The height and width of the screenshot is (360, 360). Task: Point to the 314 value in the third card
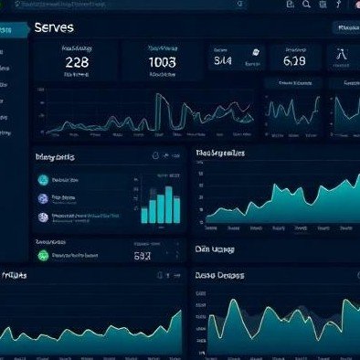(224, 61)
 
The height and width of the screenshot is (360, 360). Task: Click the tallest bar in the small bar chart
(167, 203)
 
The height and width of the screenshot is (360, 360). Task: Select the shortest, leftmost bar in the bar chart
(144, 214)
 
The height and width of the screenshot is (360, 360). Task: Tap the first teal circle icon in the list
(43, 180)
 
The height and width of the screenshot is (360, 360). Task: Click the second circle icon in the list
(43, 198)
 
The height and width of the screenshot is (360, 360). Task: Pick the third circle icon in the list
(43, 217)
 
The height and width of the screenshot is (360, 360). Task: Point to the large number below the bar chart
(143, 257)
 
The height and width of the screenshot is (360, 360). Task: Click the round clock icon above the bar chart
(156, 156)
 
